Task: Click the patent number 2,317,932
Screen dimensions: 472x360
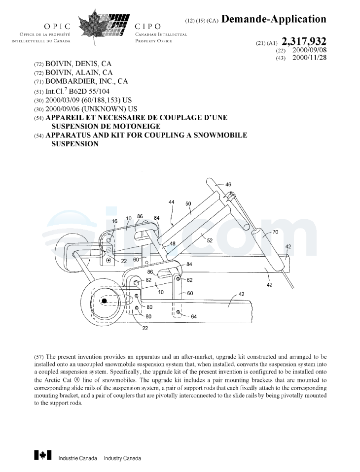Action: (304, 41)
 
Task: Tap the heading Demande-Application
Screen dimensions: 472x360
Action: (274, 20)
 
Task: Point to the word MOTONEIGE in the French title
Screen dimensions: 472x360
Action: (133, 126)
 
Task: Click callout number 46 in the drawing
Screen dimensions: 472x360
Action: (228, 184)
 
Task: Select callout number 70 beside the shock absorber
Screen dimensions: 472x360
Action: (275, 231)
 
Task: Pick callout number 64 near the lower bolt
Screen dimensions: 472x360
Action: (194, 316)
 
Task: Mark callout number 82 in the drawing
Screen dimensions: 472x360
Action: (148, 280)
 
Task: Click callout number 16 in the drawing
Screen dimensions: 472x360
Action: (114, 222)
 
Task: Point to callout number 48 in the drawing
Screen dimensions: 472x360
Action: (173, 243)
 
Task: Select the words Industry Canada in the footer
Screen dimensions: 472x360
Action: (122, 458)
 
